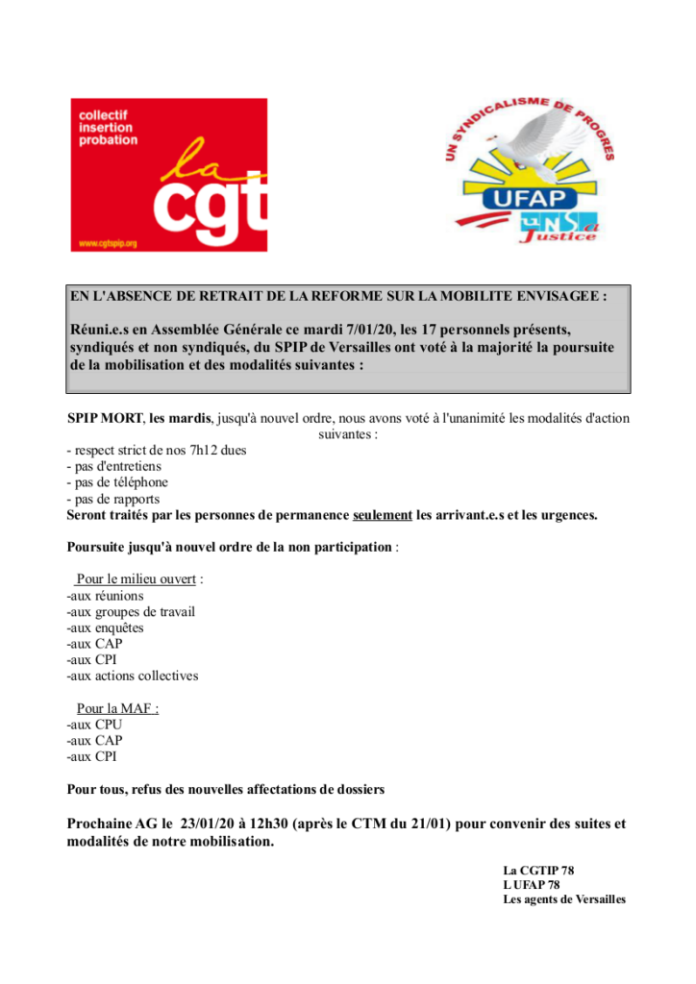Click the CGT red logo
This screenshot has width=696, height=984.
(169, 175)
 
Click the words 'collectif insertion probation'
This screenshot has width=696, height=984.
(108, 127)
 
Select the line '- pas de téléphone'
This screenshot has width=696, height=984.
(116, 482)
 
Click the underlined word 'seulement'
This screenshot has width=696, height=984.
(383, 515)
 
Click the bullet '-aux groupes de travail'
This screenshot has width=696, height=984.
(131, 611)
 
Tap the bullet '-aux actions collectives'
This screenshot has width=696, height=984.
(133, 676)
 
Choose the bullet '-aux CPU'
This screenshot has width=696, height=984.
(94, 725)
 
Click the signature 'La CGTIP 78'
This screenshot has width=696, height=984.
(538, 871)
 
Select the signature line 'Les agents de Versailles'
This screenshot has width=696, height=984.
(564, 899)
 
